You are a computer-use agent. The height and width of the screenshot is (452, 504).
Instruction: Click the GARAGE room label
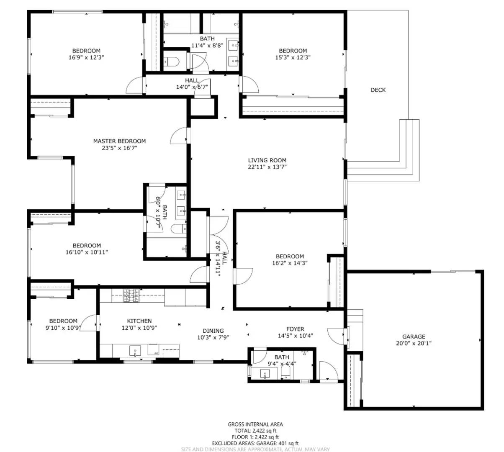[414, 336]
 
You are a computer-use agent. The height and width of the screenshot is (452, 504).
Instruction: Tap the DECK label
[378, 90]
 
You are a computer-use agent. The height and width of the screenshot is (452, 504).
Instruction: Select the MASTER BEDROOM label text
[119, 141]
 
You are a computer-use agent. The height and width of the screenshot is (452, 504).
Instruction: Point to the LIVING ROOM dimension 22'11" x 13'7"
[267, 167]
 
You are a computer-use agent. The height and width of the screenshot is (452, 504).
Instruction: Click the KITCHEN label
[139, 321]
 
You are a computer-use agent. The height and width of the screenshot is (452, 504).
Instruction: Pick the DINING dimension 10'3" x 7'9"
[213, 337]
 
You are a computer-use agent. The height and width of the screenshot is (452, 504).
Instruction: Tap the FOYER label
[295, 329]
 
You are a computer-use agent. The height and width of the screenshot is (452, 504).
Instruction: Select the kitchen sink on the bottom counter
[135, 351]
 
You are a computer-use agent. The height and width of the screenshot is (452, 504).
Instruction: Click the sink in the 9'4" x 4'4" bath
[264, 373]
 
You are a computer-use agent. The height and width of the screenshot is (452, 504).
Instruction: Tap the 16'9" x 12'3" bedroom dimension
[86, 57]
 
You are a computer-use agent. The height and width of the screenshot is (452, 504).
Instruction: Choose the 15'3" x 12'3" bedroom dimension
[293, 57]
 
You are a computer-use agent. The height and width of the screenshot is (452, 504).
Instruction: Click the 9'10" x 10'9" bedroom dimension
[63, 328]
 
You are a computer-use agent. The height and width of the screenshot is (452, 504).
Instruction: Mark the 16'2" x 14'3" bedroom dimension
[290, 263]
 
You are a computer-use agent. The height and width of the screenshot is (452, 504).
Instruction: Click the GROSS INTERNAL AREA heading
[255, 424]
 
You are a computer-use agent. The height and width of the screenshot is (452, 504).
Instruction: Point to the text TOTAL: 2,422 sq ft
[255, 431]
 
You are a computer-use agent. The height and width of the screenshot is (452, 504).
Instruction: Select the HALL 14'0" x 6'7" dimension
[192, 87]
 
